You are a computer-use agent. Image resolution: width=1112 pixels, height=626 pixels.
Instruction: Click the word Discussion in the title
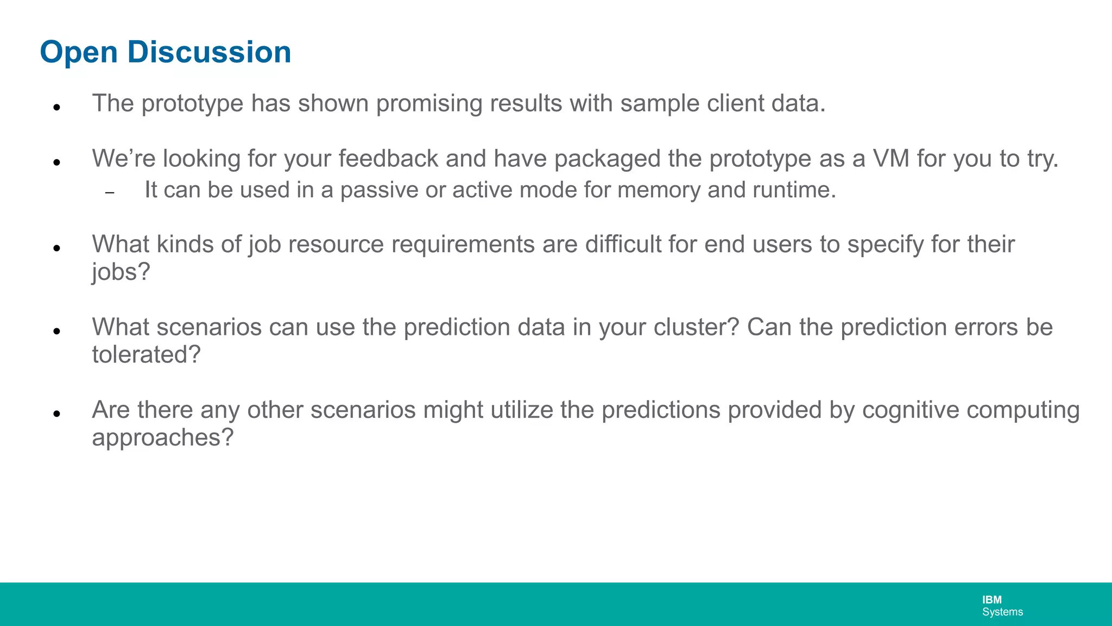coord(209,52)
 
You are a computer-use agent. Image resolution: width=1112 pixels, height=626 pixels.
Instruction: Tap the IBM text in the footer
coord(991,600)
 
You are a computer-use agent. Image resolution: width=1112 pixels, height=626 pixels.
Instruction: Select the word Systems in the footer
coord(1002,612)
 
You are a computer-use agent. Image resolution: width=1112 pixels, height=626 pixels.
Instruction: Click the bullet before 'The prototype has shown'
coord(56,107)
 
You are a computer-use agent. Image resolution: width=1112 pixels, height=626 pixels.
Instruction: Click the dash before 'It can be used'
coord(110,193)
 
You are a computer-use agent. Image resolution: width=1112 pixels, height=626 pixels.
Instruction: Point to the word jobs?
coord(121,272)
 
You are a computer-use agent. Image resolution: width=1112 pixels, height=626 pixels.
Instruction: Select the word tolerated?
coord(146,355)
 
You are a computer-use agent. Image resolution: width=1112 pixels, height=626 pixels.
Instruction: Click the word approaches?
coord(162,438)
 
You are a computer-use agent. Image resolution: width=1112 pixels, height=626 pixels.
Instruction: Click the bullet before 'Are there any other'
coord(56,414)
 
